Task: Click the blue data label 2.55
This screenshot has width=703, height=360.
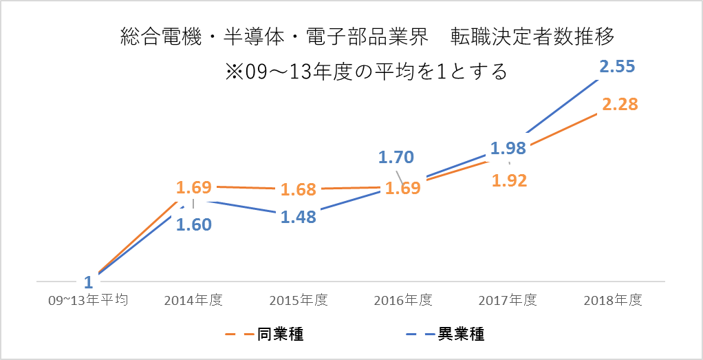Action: (x=617, y=67)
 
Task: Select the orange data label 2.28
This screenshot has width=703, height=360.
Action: (x=620, y=105)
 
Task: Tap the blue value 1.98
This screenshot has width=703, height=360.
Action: (x=508, y=148)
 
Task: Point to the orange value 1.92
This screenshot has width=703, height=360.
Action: (x=509, y=180)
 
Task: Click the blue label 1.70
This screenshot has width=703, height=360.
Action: (x=396, y=157)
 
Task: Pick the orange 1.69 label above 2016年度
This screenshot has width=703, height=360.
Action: (x=403, y=188)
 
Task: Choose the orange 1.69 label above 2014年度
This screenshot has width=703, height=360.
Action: (x=193, y=187)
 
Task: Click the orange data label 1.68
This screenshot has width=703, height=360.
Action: (x=298, y=189)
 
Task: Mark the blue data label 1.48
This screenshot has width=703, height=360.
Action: (x=298, y=216)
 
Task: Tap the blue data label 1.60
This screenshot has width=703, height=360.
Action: (x=193, y=224)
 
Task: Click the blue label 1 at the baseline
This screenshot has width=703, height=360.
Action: (x=89, y=282)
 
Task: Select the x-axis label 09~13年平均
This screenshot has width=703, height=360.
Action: (x=89, y=301)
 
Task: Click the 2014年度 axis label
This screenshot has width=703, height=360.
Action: (x=193, y=301)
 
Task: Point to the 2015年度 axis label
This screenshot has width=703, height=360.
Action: (x=298, y=301)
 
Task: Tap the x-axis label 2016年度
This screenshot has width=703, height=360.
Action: (x=403, y=301)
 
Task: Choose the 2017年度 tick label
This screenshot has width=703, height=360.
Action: (x=508, y=301)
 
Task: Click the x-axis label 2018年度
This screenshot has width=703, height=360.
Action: (x=612, y=301)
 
